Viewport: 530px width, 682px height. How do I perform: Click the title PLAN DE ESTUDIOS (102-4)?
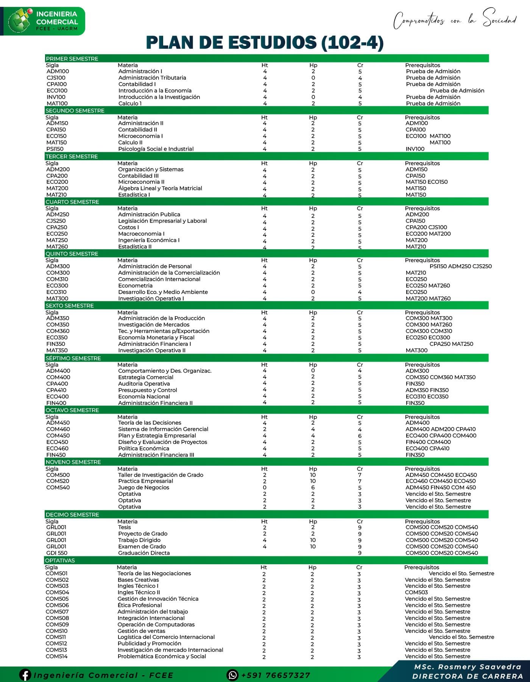(x=265, y=42)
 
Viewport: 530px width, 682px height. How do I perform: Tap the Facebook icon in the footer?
(x=25, y=675)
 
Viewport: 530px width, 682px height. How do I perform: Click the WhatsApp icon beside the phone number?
(x=232, y=675)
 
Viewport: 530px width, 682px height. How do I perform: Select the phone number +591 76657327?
(x=276, y=675)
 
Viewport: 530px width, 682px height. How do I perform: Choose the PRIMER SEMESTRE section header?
(x=72, y=59)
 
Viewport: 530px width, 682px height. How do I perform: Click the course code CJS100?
(x=56, y=78)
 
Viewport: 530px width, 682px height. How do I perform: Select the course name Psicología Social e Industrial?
(x=156, y=149)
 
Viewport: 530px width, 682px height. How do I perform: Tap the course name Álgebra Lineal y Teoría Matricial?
(x=160, y=188)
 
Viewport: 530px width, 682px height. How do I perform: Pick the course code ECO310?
(x=56, y=292)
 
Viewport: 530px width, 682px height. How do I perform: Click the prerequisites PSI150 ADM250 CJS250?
(x=460, y=266)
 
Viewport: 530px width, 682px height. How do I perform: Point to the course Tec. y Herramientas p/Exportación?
(x=164, y=331)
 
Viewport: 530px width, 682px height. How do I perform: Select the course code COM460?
(x=58, y=429)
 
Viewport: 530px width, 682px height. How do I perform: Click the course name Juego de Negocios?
(x=143, y=487)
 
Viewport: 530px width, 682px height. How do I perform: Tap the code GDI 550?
(x=57, y=553)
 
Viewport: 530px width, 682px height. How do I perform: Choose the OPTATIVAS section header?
(x=60, y=560)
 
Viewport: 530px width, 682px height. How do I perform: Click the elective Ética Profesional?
(x=139, y=605)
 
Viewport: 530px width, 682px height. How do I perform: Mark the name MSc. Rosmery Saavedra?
(x=468, y=667)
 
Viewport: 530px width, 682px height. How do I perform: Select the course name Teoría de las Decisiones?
(x=150, y=423)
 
